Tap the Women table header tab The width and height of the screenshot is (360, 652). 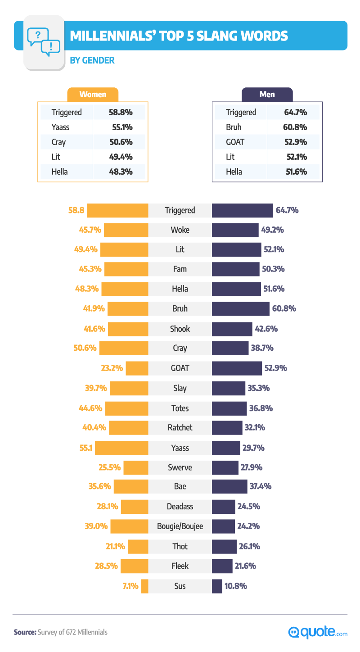click(93, 95)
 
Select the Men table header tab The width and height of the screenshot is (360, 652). click(267, 95)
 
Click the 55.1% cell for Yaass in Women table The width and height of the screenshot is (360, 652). click(120, 127)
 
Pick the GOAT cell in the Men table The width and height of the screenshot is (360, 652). click(235, 142)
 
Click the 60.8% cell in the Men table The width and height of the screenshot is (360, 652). click(295, 127)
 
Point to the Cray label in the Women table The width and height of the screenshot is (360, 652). click(58, 142)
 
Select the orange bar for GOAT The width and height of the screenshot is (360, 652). click(137, 368)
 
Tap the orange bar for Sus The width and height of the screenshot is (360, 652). click(144, 586)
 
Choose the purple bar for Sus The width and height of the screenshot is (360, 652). click(217, 586)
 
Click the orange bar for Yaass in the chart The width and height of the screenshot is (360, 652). click(121, 448)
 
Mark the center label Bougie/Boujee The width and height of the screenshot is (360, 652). click(180, 526)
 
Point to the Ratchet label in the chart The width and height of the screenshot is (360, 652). click(180, 428)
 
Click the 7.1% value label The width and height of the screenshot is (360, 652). click(130, 586)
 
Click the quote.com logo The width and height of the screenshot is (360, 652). click(318, 632)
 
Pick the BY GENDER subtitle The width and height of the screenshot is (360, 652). click(92, 60)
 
